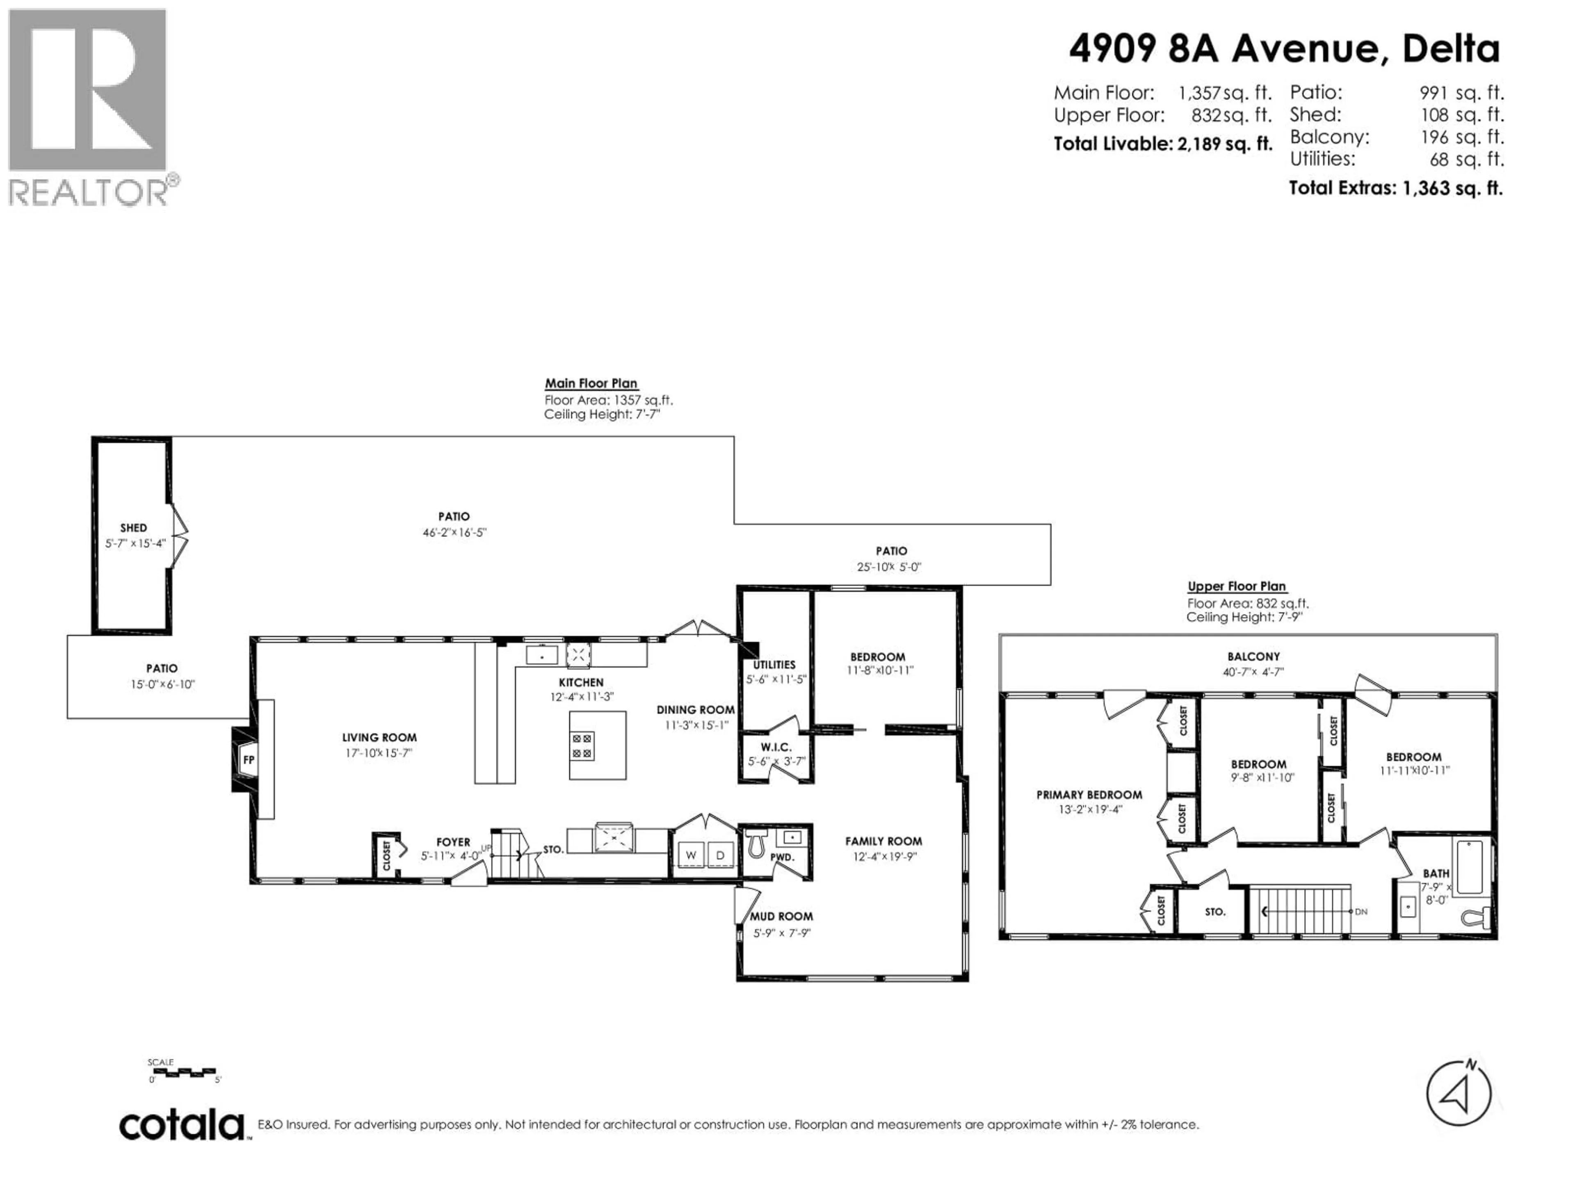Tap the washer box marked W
coord(691,855)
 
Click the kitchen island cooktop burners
coord(582,746)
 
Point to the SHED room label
coord(134,527)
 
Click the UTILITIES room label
coord(774,664)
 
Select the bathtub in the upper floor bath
coord(1470,867)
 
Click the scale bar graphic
coord(182,1072)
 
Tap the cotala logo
coord(182,1126)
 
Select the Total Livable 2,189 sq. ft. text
coord(1163,144)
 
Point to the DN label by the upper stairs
coord(1360,911)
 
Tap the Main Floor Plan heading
coord(591,383)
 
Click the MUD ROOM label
coord(781,916)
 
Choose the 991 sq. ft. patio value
coord(1461,93)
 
